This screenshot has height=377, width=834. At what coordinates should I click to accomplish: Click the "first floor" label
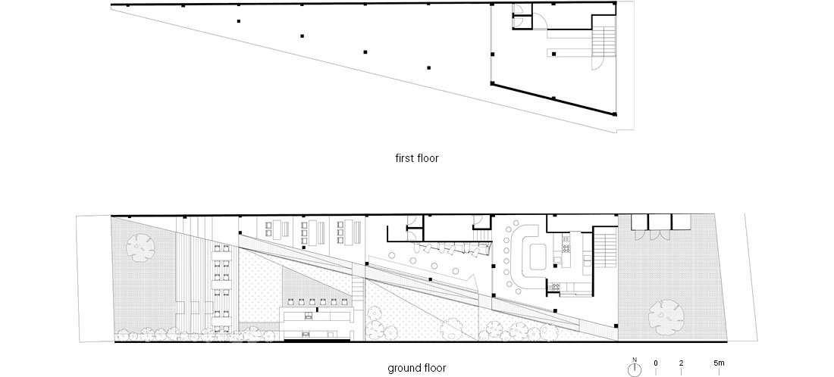click(416, 157)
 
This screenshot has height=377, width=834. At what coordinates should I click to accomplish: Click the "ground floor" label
click(416, 368)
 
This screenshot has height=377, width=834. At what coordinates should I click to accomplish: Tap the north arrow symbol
click(634, 367)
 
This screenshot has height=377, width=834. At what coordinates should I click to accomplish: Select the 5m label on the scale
click(719, 363)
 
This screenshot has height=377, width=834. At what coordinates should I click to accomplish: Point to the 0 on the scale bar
click(656, 363)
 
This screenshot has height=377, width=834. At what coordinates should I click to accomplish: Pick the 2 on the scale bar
click(682, 363)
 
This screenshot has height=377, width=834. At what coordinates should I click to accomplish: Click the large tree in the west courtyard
click(140, 248)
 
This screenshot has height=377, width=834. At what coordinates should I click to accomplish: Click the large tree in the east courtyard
click(666, 317)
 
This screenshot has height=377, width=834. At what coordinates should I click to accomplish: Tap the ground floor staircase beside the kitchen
click(605, 248)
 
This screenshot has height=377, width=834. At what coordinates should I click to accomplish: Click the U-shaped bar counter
click(525, 254)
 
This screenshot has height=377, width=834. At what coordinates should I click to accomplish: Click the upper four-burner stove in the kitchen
click(566, 247)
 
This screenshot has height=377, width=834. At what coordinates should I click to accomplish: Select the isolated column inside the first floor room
click(553, 54)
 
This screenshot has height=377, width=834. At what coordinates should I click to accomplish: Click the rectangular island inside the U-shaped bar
click(534, 257)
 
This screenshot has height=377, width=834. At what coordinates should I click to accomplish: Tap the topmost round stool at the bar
click(515, 223)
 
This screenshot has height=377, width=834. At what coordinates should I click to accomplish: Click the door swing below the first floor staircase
click(598, 63)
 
